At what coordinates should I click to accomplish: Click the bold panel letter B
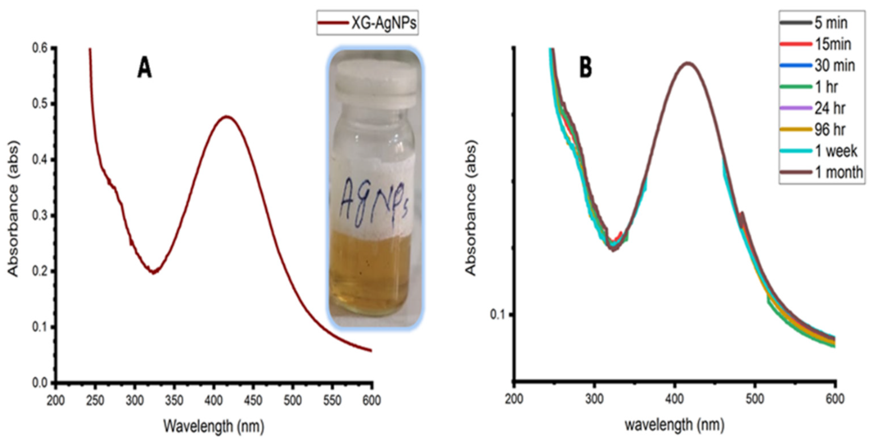586,68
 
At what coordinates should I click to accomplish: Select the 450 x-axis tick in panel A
253,401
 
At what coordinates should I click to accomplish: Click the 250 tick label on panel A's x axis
95,401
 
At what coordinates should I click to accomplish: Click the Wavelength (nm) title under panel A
213,426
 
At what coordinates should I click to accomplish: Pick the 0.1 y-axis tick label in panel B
497,314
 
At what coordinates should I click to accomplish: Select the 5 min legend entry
830,23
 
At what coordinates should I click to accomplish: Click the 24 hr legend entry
830,108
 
